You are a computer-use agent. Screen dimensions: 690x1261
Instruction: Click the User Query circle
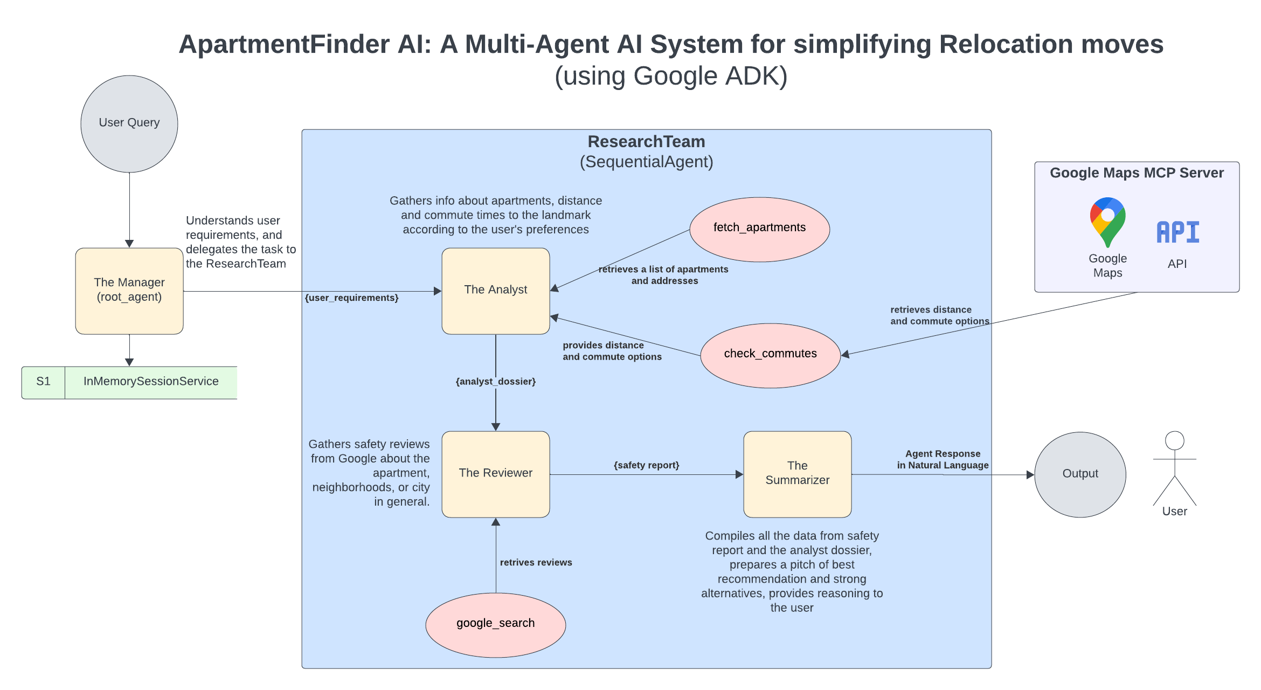129,123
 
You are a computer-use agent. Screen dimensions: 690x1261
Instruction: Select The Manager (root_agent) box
129,291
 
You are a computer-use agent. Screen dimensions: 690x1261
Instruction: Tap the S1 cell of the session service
43,382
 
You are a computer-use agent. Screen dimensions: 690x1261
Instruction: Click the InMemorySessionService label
151,382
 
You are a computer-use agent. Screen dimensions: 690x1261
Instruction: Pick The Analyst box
495,291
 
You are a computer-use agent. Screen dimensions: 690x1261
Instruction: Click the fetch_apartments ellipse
759,229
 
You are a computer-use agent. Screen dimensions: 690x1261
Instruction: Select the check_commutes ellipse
770,355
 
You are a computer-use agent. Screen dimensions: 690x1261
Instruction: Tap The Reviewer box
495,474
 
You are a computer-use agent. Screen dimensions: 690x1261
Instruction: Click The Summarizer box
797,474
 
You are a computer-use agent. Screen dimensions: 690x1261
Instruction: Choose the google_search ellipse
495,624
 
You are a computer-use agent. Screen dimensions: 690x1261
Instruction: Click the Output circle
1080,474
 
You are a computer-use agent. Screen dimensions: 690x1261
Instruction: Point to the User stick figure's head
1174,440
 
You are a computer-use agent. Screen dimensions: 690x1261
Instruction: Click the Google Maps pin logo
1107,222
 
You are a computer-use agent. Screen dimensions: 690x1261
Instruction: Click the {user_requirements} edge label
351,298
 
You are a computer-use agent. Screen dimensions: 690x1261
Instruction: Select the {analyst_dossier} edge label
495,382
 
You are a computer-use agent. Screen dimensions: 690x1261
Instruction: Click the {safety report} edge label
646,465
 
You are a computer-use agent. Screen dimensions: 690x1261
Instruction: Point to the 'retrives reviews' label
536,562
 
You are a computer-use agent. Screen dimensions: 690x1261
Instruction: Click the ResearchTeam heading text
646,142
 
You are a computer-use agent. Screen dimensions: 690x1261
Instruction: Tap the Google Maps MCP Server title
1137,173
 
